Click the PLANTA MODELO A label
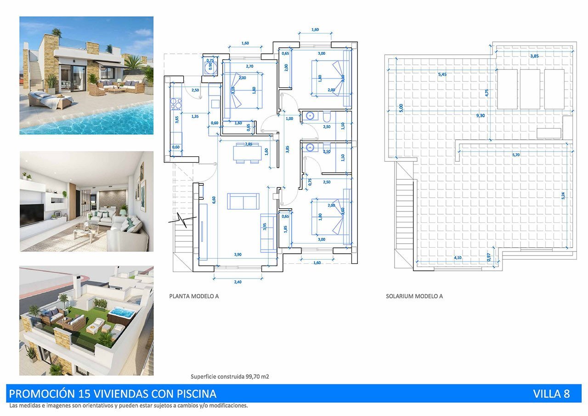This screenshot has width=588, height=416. (194, 296)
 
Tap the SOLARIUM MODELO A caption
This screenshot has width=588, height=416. (414, 296)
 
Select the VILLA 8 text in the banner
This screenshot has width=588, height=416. (551, 394)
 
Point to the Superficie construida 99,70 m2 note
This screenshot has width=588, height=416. (230, 376)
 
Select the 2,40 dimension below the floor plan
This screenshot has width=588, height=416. (237, 282)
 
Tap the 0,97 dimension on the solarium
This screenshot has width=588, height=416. (489, 258)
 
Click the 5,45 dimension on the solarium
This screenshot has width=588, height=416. (442, 74)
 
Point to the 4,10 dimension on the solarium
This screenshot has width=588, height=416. (458, 258)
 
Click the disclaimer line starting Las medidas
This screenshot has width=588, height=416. (129, 406)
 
